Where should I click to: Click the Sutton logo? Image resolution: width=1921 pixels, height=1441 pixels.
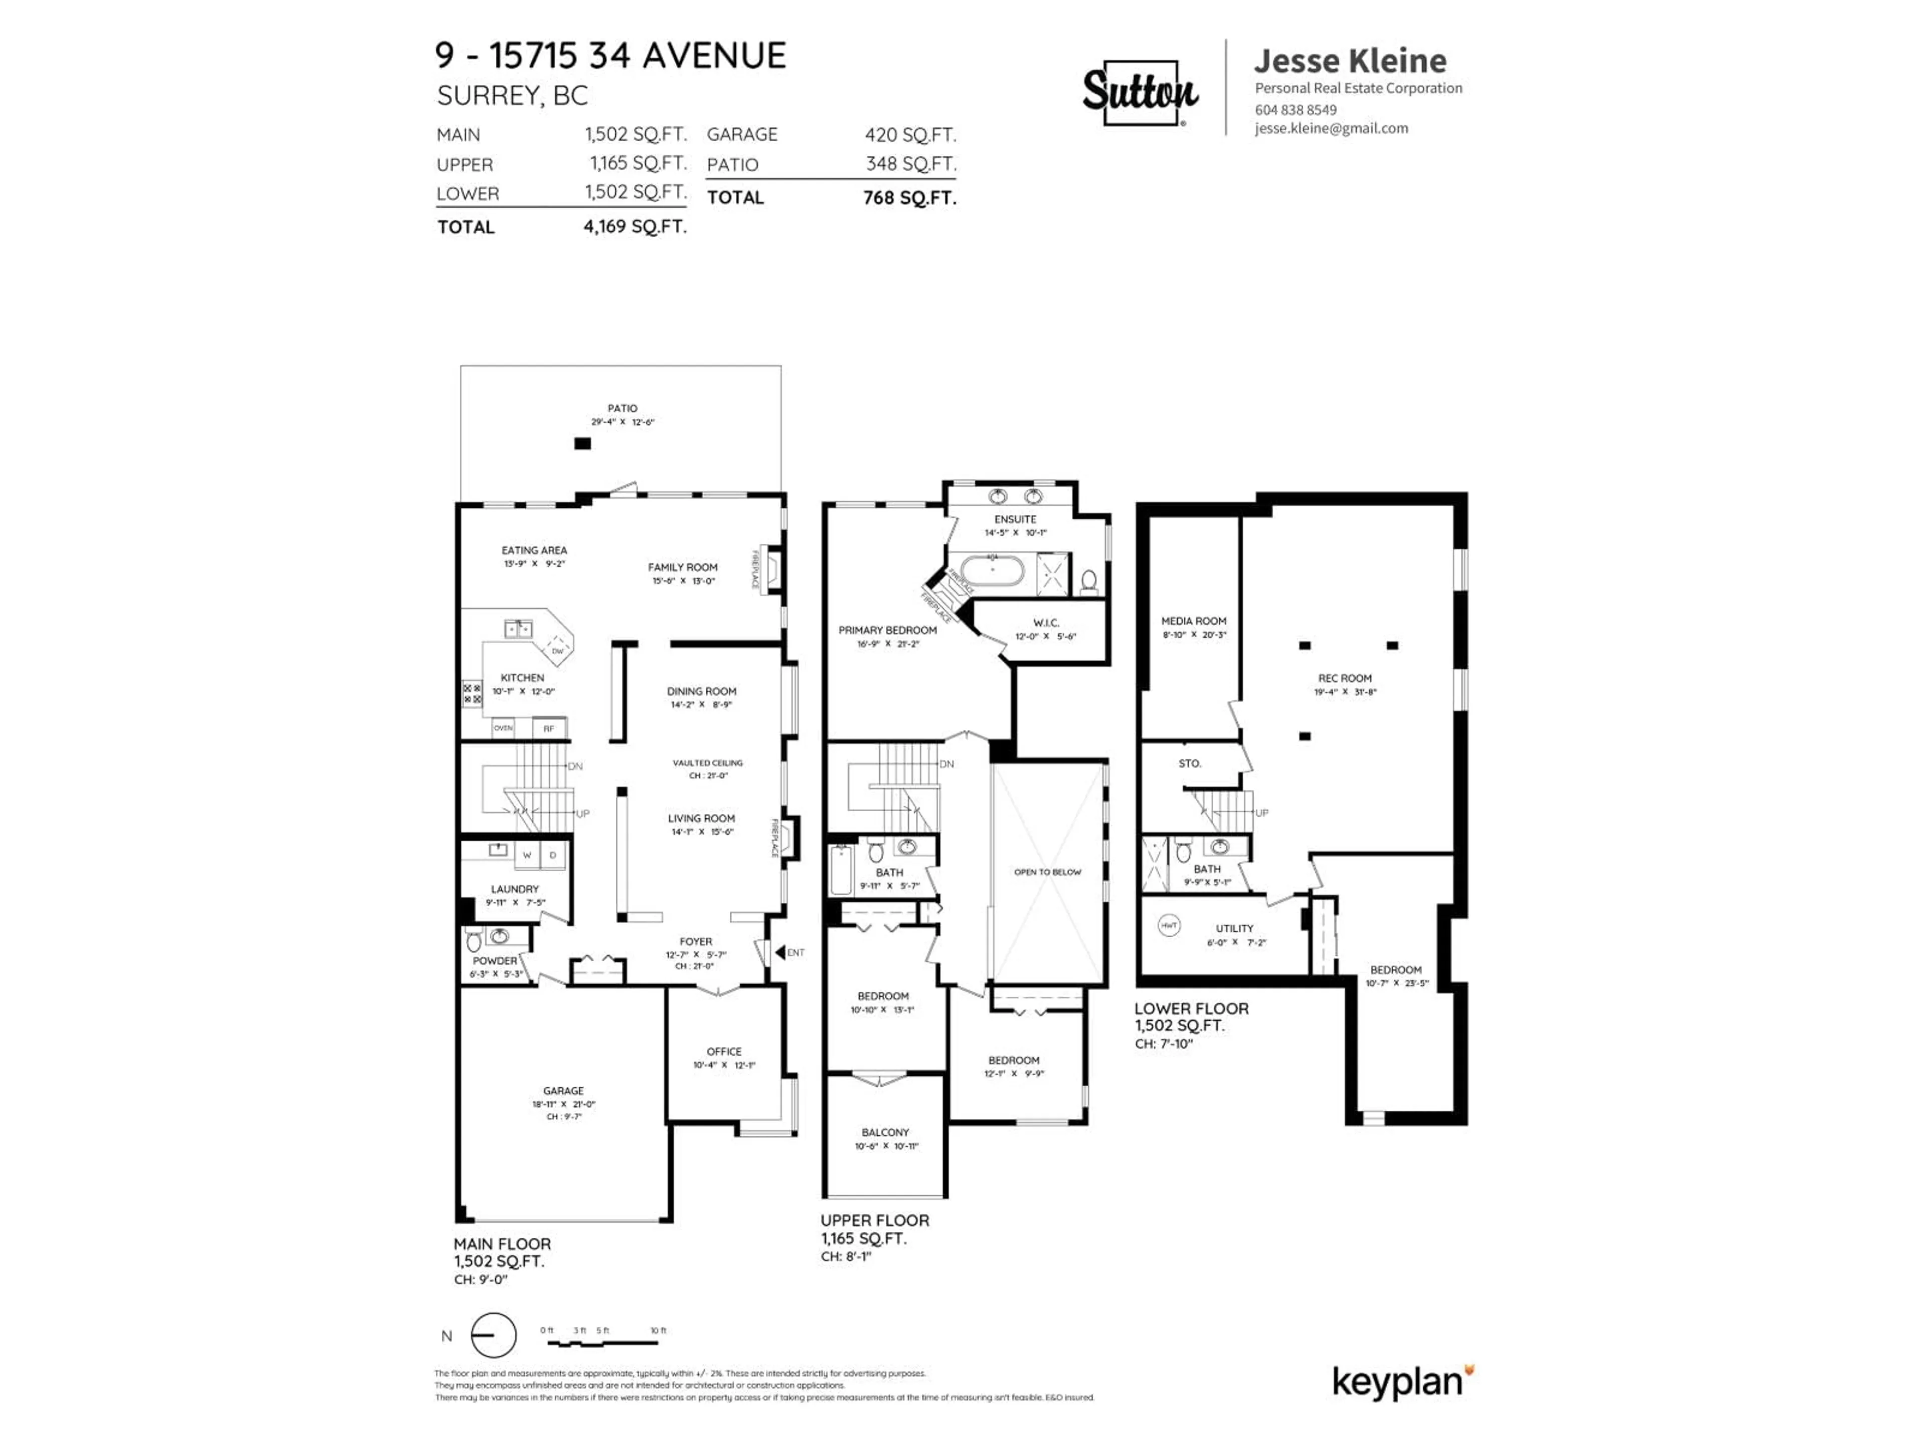click(x=1140, y=92)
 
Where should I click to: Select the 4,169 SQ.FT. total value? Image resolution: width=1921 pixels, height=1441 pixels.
click(x=635, y=227)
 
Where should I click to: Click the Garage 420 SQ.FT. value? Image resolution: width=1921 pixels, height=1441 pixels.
click(x=909, y=135)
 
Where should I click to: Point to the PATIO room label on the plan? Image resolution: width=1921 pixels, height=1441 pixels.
click(x=622, y=408)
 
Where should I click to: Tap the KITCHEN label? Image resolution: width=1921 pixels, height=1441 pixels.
click(x=522, y=677)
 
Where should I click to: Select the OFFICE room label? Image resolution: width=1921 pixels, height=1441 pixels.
click(x=723, y=1051)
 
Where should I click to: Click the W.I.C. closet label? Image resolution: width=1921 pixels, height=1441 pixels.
click(x=1046, y=623)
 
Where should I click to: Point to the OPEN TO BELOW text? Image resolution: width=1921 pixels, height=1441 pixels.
click(x=1048, y=872)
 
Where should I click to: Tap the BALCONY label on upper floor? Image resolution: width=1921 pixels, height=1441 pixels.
click(x=885, y=1133)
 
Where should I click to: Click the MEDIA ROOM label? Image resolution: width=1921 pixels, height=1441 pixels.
click(x=1193, y=621)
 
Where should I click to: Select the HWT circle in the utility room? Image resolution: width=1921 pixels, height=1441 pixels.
click(x=1169, y=926)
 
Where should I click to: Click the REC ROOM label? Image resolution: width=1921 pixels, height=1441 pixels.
click(x=1344, y=678)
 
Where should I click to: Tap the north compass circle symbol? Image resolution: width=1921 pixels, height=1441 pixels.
click(x=493, y=1335)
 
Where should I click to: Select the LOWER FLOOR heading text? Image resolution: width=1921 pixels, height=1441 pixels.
click(x=1191, y=1008)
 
